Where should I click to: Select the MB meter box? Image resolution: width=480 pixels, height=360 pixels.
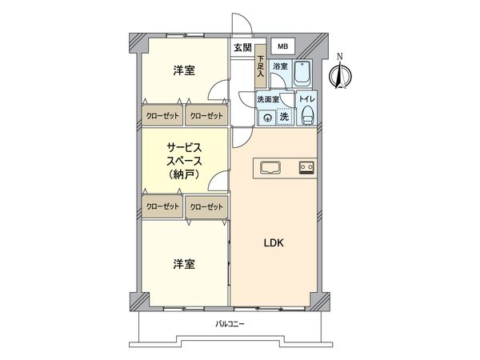(x=282, y=46)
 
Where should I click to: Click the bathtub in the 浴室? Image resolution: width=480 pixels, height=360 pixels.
(x=305, y=74)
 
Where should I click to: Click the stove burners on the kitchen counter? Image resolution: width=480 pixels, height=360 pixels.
(x=306, y=167)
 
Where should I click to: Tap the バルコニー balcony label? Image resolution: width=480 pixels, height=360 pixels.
(x=230, y=324)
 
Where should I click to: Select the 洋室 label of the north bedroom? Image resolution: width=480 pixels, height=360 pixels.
(x=183, y=71)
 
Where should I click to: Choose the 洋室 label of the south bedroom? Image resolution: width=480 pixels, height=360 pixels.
(x=183, y=263)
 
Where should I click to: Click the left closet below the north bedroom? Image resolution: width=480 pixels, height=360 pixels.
(x=162, y=116)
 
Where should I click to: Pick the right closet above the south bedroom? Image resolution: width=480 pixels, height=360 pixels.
(x=206, y=207)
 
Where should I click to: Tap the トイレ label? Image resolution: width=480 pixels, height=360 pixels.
(x=308, y=98)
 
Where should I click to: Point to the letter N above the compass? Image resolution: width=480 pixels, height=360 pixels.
(x=341, y=56)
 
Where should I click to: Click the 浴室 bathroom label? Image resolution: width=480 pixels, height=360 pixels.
(x=280, y=66)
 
